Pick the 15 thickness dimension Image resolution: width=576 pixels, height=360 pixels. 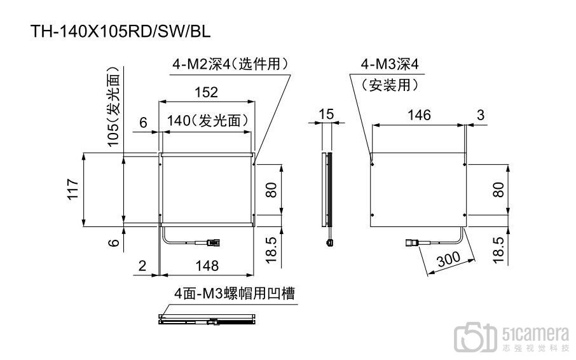click(326, 114)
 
